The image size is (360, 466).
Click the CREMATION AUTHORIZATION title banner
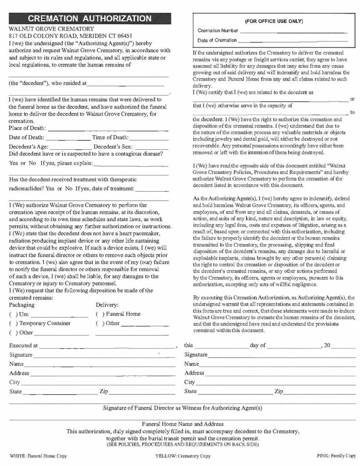[89, 19]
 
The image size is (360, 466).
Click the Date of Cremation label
[217, 41]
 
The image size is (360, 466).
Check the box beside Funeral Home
[100, 314]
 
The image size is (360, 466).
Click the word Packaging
[22, 305]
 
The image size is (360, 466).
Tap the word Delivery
[107, 305]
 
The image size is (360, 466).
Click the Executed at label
[23, 346]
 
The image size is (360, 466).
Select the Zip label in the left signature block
[103, 391]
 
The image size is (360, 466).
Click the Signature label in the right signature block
[196, 355]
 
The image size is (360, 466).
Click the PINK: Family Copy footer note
[336, 455]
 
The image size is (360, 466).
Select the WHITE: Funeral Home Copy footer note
[33, 455]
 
